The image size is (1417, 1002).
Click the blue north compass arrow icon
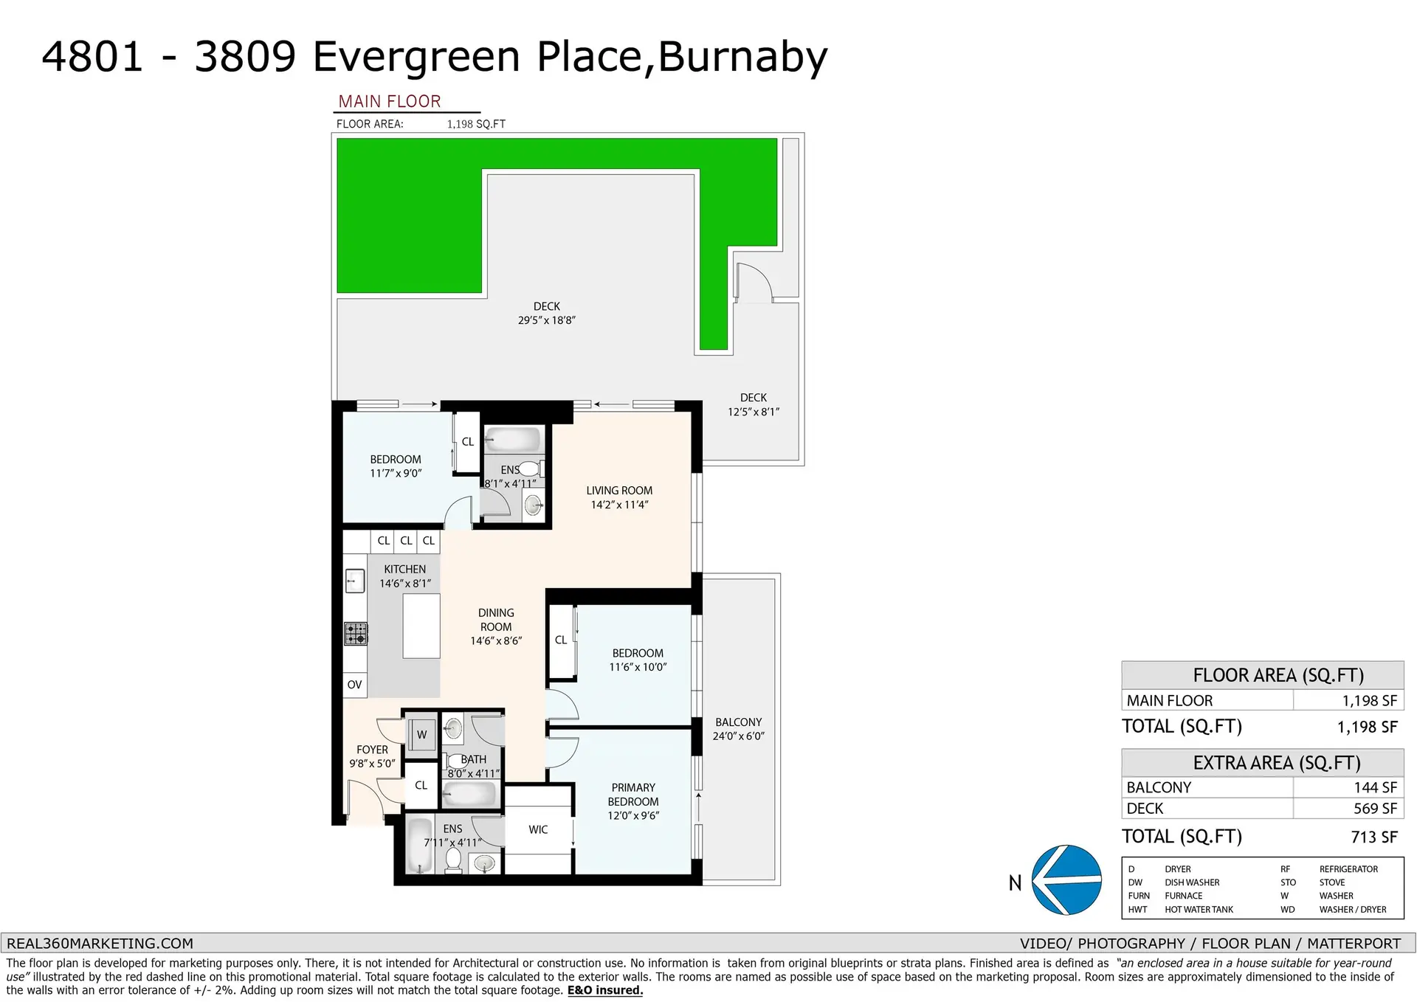[1066, 880]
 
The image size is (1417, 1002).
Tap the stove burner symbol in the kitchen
[356, 633]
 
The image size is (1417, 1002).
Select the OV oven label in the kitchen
[354, 685]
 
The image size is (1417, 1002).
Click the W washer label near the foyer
[421, 734]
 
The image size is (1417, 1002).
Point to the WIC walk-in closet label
[538, 829]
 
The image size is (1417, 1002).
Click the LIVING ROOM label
[619, 491]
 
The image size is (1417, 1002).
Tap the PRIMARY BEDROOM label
[633, 795]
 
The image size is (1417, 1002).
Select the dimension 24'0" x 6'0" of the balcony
[738, 736]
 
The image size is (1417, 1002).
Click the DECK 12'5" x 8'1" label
[753, 404]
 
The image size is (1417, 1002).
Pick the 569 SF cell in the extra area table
[1374, 809]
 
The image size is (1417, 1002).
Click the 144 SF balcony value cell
[1375, 787]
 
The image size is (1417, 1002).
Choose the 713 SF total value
[1374, 837]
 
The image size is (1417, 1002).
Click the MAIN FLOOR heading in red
[389, 101]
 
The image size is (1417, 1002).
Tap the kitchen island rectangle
[421, 626]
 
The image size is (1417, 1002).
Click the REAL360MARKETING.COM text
[100, 943]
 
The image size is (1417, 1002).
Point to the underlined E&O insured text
[604, 990]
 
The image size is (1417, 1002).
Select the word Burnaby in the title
[742, 57]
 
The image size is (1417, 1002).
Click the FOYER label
[372, 750]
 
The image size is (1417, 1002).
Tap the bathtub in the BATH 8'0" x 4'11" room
[470, 795]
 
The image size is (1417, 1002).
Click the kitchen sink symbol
[354, 581]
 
